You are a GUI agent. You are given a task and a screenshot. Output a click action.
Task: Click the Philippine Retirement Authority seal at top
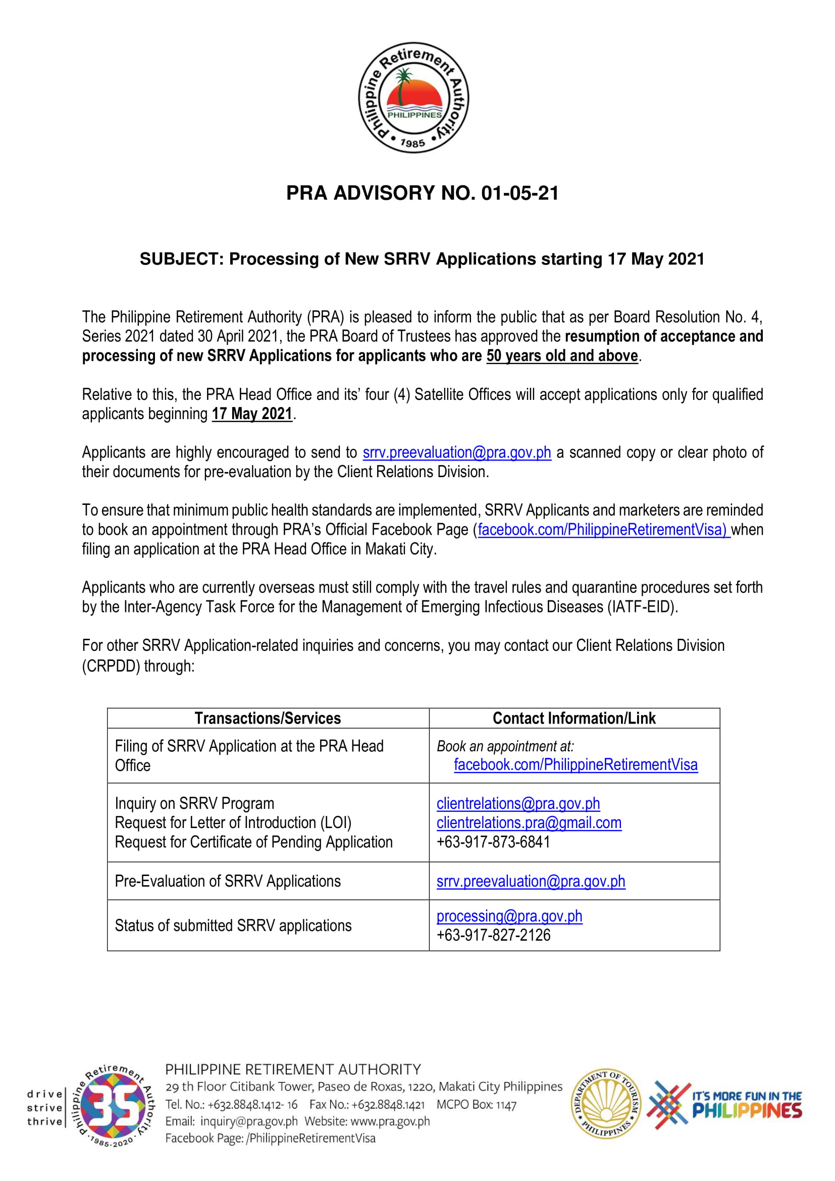[413, 98]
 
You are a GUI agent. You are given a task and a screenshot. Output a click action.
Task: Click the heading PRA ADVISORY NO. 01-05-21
[422, 193]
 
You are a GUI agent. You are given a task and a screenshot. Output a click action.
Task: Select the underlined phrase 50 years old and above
[562, 356]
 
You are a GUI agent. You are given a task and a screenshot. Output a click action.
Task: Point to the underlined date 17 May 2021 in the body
[252, 414]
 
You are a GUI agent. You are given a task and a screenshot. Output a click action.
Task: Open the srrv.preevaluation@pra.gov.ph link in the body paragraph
[456, 452]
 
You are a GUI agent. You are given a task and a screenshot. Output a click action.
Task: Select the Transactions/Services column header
[268, 718]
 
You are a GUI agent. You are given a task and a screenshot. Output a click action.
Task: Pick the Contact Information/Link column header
[574, 718]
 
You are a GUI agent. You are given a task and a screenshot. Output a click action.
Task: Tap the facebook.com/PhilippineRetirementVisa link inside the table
[576, 765]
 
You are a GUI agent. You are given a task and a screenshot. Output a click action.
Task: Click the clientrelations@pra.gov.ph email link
[518, 803]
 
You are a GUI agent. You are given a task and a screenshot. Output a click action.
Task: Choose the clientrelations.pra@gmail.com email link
[529, 823]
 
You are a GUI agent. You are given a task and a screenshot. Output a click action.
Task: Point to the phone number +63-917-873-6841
[493, 842]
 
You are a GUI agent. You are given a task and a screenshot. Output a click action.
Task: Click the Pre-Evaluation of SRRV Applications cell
[227, 881]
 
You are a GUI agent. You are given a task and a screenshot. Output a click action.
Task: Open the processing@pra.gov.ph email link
[509, 916]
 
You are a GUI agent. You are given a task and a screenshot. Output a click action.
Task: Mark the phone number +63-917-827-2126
[493, 935]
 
